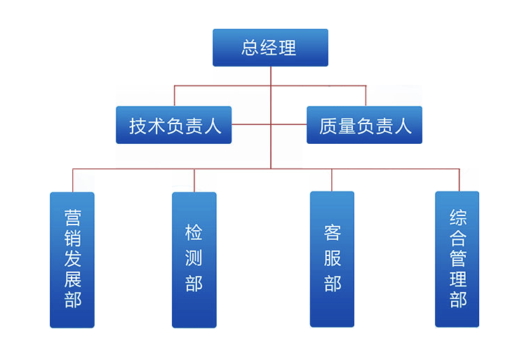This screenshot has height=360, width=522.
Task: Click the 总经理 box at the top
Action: (x=270, y=48)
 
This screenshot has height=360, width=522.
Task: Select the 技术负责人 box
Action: (x=173, y=125)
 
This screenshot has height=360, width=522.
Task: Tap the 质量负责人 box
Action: (x=364, y=125)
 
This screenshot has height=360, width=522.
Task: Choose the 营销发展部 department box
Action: (x=72, y=260)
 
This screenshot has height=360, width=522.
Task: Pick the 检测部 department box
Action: (x=194, y=260)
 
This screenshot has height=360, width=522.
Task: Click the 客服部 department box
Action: (x=332, y=260)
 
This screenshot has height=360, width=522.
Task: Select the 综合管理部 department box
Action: (x=457, y=260)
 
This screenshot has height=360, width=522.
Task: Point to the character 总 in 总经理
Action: (x=251, y=48)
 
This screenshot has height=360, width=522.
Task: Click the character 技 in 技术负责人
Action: (x=138, y=126)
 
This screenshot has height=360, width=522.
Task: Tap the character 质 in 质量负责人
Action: (x=328, y=126)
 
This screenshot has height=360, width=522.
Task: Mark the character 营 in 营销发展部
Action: (x=72, y=216)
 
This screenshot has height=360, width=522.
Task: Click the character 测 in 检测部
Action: (x=194, y=258)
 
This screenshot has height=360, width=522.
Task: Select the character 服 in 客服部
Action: (x=333, y=258)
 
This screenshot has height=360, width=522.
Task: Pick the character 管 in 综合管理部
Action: (x=457, y=258)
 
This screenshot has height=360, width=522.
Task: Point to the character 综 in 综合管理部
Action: (x=457, y=218)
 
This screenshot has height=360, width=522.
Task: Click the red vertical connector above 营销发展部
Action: (x=72, y=180)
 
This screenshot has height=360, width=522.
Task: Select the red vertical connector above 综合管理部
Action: (x=459, y=180)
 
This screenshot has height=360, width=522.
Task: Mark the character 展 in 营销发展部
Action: (x=72, y=279)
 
